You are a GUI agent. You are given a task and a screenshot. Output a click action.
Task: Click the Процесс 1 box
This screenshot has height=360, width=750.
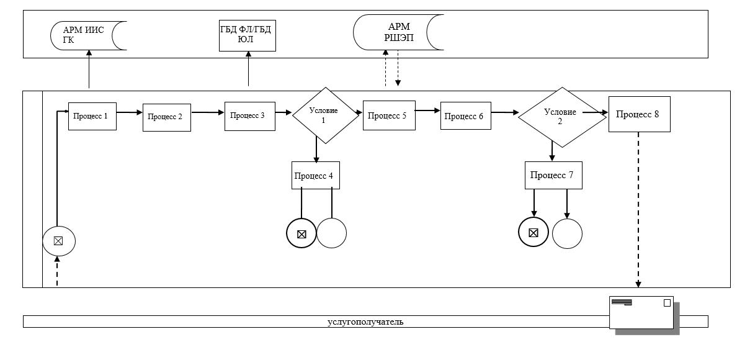pos(92,116)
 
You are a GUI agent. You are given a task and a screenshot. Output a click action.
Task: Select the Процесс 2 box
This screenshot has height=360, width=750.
pos(167,117)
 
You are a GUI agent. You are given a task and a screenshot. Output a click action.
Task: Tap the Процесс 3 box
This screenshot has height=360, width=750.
pos(250,116)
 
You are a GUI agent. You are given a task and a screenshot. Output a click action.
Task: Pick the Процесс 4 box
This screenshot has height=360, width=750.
pos(315,176)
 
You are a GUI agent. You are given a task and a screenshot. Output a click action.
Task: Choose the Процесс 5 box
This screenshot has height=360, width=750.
pos(389,115)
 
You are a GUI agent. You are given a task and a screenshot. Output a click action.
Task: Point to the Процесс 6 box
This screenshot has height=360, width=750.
pos(466,116)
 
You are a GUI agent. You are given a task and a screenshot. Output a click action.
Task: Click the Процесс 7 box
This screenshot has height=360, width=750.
pos(553,176)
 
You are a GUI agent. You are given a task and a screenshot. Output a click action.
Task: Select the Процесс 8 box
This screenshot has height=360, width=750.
pos(640,114)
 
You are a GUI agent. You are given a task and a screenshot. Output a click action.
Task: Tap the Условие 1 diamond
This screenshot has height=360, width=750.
pos(326,115)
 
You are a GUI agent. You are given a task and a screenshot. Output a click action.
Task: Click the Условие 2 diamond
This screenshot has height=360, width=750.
pos(563,117)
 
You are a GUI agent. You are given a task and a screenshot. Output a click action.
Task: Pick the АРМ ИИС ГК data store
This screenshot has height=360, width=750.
pos(89,36)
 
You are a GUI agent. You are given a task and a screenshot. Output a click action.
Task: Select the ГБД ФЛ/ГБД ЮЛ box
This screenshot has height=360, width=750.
pos(248,35)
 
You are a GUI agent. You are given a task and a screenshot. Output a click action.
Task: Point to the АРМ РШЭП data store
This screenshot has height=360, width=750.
pos(398,32)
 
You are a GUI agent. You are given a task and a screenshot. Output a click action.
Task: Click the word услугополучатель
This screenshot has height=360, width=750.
pos(365,322)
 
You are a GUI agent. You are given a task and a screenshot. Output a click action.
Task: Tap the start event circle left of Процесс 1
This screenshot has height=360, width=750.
pos(59,241)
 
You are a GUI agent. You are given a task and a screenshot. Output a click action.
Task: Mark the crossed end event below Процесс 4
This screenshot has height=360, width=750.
pos(301,233)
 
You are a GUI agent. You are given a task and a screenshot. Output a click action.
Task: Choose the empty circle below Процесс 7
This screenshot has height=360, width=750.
pos(567,234)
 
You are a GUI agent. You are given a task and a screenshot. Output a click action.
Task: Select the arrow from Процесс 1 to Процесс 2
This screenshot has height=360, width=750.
pos(130,112)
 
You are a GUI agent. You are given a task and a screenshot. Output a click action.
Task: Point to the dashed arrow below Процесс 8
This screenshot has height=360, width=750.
pos(638,210)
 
